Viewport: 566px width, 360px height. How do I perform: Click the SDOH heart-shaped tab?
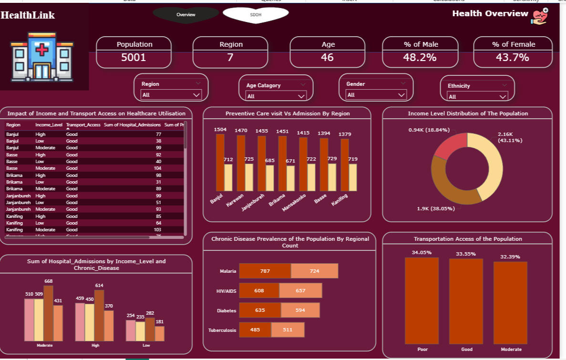coord(256,15)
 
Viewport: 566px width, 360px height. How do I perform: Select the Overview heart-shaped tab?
coord(185,15)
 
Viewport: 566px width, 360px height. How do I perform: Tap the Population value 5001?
coord(134,58)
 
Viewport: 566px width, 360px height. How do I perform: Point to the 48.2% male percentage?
coord(420,58)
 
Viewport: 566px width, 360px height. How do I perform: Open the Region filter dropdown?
coord(171,95)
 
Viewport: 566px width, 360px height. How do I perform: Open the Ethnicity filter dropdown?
coord(477,96)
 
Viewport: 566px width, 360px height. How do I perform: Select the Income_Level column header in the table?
coord(49,125)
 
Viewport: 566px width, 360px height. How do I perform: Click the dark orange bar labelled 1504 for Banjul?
coord(220,162)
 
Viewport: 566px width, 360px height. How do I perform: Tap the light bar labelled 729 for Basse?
coord(332,177)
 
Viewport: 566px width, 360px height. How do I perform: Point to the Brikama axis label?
coord(278,199)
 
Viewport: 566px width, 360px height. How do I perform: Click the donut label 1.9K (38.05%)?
coord(436,208)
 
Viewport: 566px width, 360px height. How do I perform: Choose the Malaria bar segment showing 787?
coord(265,271)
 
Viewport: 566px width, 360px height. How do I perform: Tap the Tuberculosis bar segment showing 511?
coord(288,329)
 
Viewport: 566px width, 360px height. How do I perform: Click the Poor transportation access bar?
coord(422,300)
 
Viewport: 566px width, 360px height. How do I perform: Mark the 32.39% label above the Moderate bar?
coord(510,257)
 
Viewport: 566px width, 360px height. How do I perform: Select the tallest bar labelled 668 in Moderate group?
coord(49,313)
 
